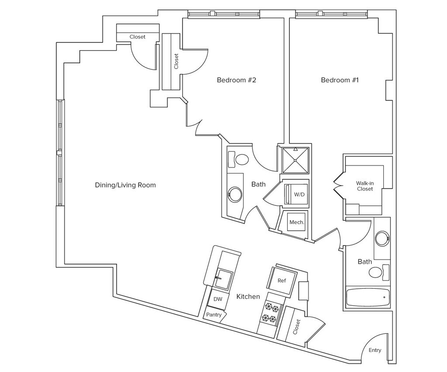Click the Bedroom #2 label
[236, 80]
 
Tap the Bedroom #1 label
[340, 80]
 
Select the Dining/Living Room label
[125, 185]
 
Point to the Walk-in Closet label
[365, 186]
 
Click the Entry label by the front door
[375, 350]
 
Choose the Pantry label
[214, 314]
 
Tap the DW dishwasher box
[218, 299]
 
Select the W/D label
[299, 195]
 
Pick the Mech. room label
[297, 222]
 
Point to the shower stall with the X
[296, 160]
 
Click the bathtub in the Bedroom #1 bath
[368, 298]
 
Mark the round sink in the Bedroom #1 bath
[382, 238]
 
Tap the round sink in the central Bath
[235, 195]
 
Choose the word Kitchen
[248, 297]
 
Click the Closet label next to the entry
[297, 327]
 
